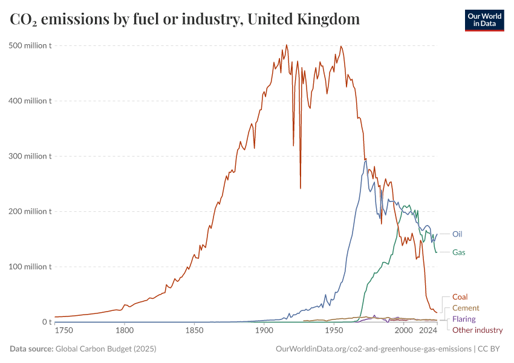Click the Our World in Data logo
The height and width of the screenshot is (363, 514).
(x=484, y=20)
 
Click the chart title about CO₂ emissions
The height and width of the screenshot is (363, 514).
(x=185, y=19)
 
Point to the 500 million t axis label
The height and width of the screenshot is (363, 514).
(x=30, y=45)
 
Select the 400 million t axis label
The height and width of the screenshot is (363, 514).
(x=30, y=100)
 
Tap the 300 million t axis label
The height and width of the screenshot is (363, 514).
(x=30, y=156)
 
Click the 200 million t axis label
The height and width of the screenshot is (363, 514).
(x=30, y=211)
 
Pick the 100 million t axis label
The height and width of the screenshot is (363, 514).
(x=30, y=267)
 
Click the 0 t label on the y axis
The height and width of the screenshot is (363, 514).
(x=46, y=322)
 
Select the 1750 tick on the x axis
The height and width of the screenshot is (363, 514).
(x=63, y=331)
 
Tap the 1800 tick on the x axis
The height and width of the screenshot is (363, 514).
(x=125, y=331)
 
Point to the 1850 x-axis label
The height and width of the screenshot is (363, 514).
(x=194, y=331)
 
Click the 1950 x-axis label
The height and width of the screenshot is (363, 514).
(x=333, y=331)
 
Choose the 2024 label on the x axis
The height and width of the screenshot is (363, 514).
(x=428, y=331)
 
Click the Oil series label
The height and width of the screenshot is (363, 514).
(x=457, y=234)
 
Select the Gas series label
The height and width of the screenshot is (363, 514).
(x=459, y=252)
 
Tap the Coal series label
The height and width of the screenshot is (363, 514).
(x=460, y=297)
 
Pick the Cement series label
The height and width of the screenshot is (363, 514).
(x=466, y=308)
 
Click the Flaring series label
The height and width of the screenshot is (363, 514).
(x=464, y=319)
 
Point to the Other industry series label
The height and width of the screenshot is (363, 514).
(x=478, y=330)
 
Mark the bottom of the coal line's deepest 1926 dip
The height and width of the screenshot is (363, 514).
(x=301, y=188)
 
